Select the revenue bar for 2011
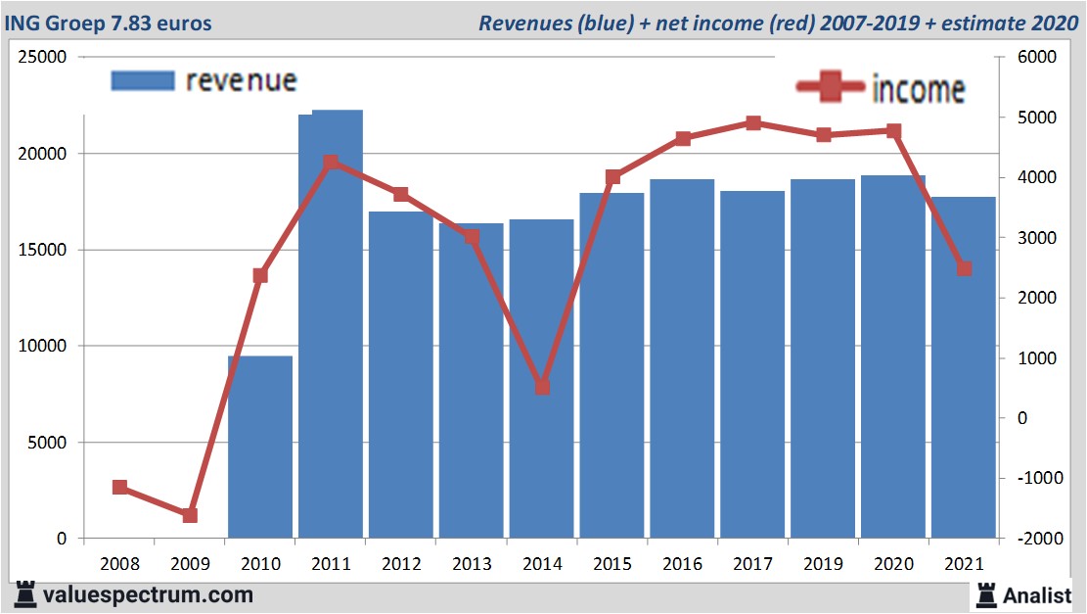(331, 343)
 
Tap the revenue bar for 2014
(541, 460)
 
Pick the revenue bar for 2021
(964, 392)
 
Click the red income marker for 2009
(190, 515)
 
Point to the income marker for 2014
(542, 387)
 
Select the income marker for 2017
(753, 123)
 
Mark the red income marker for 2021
(964, 268)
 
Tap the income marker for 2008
(119, 487)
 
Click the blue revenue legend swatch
(143, 80)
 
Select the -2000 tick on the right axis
(1038, 539)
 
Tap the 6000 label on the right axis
(1038, 58)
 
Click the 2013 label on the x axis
(472, 564)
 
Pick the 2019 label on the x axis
(824, 564)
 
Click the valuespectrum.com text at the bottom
(148, 594)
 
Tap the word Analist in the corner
(1038, 594)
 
